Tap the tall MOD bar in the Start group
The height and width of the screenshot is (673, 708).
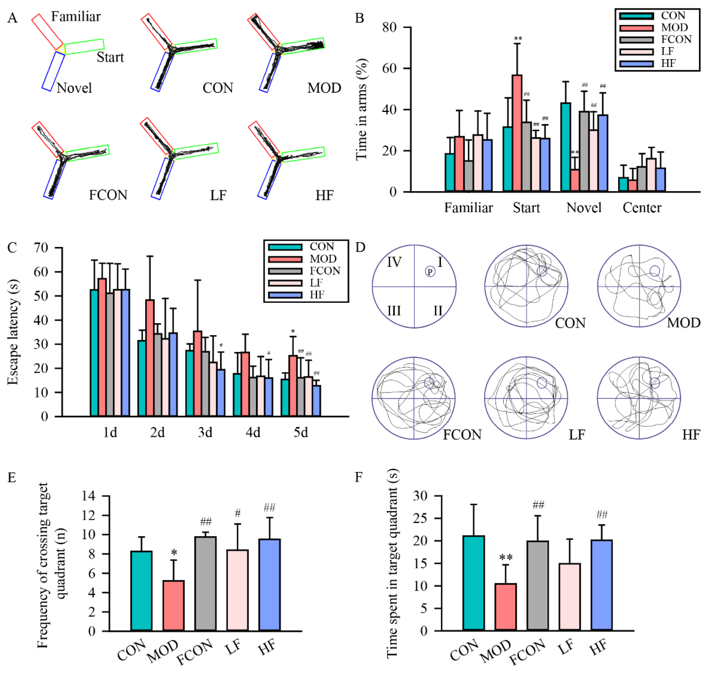tap(517, 133)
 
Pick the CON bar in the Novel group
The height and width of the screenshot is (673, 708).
tap(565, 147)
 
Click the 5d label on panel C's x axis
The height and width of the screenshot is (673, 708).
tap(301, 433)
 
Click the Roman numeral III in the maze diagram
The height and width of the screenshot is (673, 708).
tap(394, 310)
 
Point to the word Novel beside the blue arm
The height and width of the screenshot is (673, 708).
tap(74, 88)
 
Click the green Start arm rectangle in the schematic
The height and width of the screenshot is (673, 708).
tap(84, 47)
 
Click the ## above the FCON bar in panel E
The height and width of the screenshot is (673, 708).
tap(206, 521)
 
